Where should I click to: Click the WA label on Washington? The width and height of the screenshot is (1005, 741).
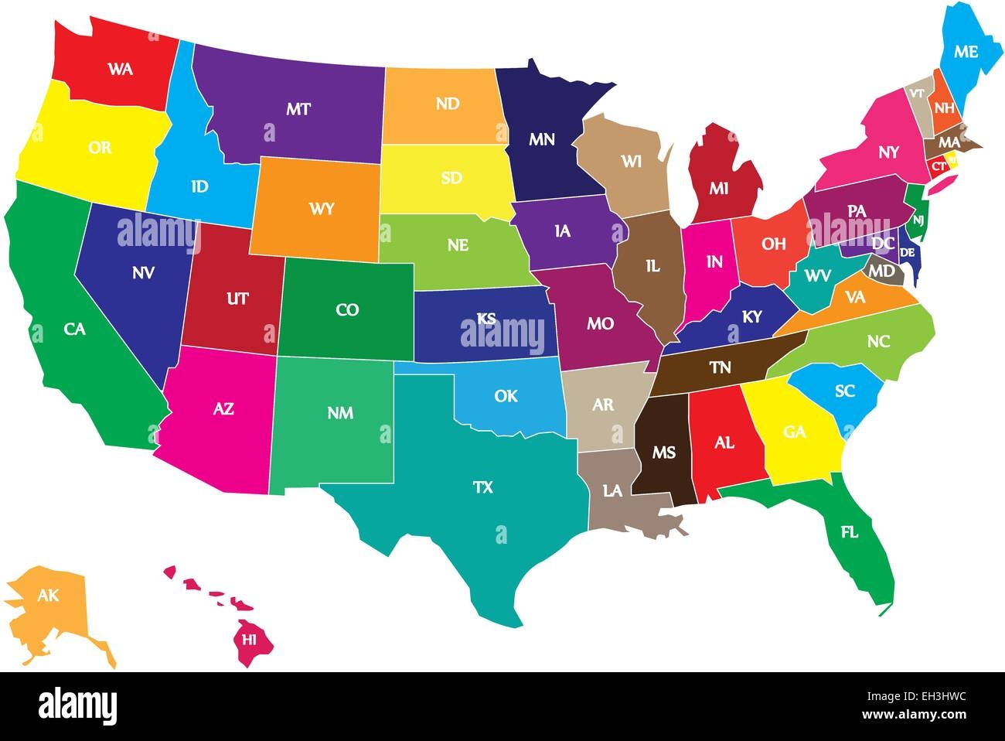120,69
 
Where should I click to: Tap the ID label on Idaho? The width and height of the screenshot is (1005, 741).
199,186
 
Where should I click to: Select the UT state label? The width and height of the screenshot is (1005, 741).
237,298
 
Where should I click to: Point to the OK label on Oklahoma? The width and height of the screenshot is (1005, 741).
506,396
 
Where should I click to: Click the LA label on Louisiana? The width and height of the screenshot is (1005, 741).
612,490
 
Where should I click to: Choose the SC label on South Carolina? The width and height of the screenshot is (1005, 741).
845,391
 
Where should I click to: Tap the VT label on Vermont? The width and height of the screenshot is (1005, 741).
917,93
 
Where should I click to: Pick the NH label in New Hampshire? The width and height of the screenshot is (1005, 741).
943,108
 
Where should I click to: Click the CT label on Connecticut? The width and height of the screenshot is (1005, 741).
938,166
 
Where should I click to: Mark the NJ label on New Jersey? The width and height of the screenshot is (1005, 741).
918,220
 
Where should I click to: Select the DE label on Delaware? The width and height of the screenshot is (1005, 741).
908,252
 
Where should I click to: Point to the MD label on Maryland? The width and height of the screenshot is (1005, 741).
882,272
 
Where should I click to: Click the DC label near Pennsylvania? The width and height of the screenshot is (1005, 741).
882,244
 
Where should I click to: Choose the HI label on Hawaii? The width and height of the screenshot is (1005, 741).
249,639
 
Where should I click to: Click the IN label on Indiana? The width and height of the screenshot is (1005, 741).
714,262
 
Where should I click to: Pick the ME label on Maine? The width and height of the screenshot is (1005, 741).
966,52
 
